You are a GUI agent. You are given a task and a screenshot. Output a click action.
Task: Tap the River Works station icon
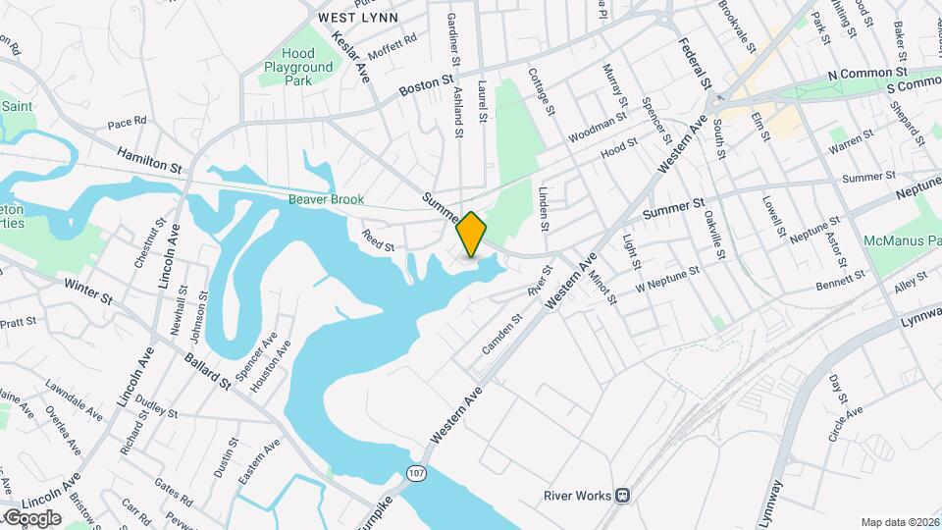[622, 496]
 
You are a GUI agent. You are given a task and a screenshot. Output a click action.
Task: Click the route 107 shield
[418, 474]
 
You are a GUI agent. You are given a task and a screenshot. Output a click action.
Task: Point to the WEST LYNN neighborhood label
[357, 18]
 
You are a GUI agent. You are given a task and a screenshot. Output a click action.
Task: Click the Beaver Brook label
[327, 199]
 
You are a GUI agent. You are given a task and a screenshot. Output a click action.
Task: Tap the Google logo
[31, 517]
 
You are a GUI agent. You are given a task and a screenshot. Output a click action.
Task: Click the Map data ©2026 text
[900, 522]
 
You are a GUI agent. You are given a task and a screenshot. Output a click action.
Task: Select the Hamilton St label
[149, 161]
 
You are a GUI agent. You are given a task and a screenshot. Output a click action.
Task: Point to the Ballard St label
[206, 367]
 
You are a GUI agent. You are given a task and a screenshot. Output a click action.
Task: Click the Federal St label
[694, 64]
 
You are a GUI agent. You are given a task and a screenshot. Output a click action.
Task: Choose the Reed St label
[378, 241]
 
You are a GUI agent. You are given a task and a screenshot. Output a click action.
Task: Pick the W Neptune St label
[666, 278]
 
